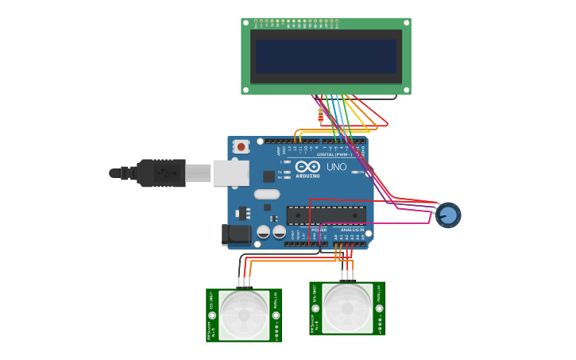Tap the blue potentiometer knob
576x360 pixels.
(448, 215)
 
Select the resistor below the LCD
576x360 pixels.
(320, 116)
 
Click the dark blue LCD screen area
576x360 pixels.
(326, 56)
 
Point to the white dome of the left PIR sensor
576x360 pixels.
(244, 314)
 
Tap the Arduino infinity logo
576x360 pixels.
(307, 167)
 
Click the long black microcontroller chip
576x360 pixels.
(327, 215)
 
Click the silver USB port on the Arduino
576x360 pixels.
(230, 172)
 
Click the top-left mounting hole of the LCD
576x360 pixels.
(246, 23)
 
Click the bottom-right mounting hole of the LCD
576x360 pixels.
(406, 89)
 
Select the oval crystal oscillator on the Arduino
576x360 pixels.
(267, 194)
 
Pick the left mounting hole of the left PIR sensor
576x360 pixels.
(212, 315)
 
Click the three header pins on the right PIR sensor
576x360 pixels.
(347, 275)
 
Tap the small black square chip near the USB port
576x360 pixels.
(269, 176)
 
